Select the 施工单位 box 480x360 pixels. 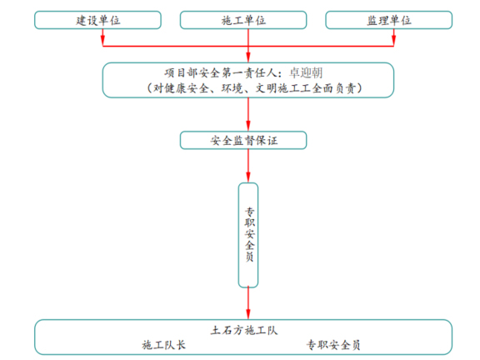[x=243, y=20]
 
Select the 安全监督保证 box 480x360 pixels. [x=243, y=140]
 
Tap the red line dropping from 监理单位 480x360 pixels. [x=388, y=38]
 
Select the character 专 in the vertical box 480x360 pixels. [x=248, y=212]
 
